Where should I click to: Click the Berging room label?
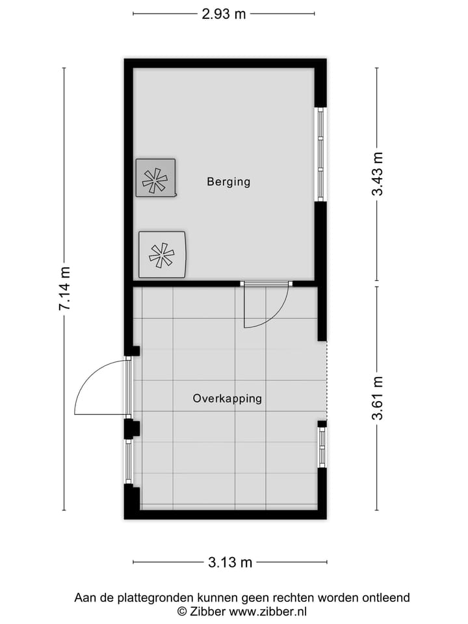pyautogui.click(x=228, y=182)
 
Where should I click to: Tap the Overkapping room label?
pyautogui.click(x=227, y=398)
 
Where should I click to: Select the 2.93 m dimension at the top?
pyautogui.click(x=224, y=14)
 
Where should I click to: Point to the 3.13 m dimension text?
pyautogui.click(x=230, y=562)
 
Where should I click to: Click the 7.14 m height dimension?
pyautogui.click(x=65, y=288)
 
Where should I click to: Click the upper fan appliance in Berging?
pyautogui.click(x=155, y=177)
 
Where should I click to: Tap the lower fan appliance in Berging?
pyautogui.click(x=162, y=254)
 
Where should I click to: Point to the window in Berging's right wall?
pyautogui.click(x=320, y=155)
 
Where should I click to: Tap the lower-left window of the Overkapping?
pyautogui.click(x=129, y=461)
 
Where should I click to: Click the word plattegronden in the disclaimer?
pyautogui.click(x=137, y=597)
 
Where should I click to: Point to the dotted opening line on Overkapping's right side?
pyautogui.click(x=326, y=380)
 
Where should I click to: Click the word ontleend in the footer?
pyautogui.click(x=387, y=597)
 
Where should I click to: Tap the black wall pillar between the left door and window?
pyautogui.click(x=131, y=428)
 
